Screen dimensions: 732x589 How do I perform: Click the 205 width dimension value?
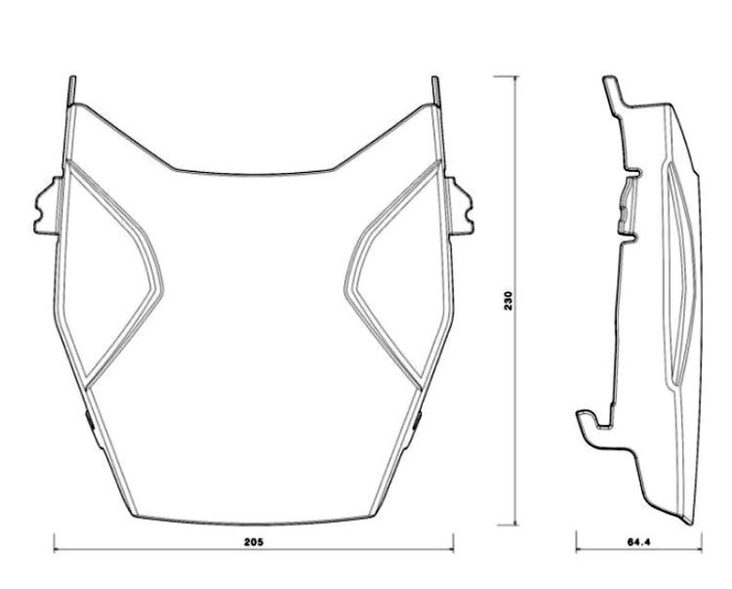pos(254,542)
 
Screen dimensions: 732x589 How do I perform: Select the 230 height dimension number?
pos(508,301)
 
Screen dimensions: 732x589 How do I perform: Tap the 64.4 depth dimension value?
pos(638,542)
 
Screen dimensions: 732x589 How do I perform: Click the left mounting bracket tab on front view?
pos(47,205)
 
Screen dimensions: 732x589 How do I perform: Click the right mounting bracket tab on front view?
pos(461,205)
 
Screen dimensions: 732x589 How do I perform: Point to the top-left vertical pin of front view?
pos(72,91)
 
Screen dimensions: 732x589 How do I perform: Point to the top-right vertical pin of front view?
pos(435,91)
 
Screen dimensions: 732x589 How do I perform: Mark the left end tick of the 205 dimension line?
pos(55,542)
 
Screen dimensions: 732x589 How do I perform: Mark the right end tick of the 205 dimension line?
pos(453,542)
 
